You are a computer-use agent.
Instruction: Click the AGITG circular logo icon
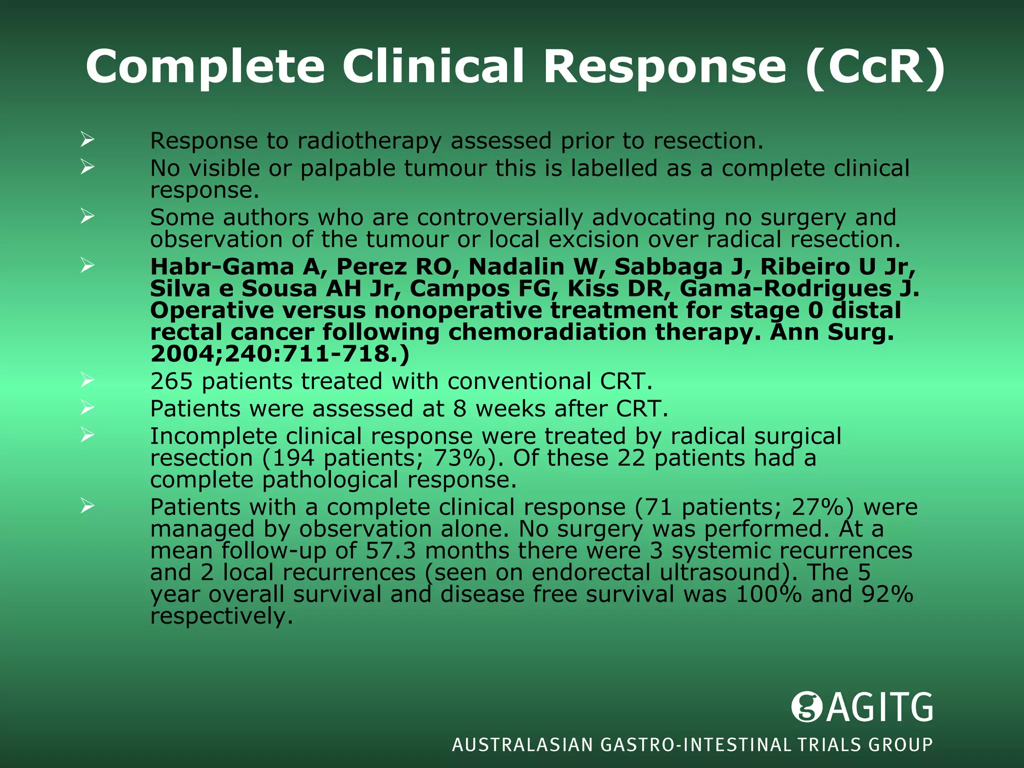tap(806, 706)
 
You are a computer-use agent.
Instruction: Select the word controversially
tap(500, 217)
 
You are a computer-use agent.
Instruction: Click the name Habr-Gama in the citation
tap(222, 266)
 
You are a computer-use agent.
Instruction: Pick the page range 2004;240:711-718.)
tap(279, 354)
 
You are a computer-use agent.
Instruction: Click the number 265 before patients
tap(171, 381)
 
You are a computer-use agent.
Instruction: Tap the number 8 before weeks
tap(459, 409)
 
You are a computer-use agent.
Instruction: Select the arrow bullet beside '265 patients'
tap(87, 381)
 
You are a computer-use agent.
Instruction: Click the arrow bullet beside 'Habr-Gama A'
tap(87, 265)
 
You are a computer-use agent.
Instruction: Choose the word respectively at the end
tap(221, 616)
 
